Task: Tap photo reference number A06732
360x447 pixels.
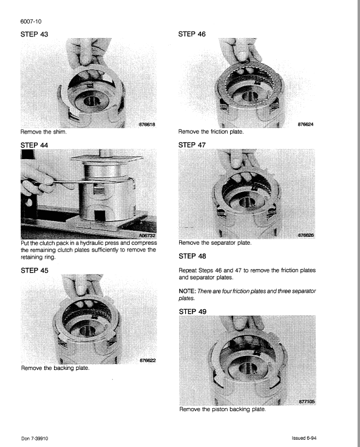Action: coord(144,236)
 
